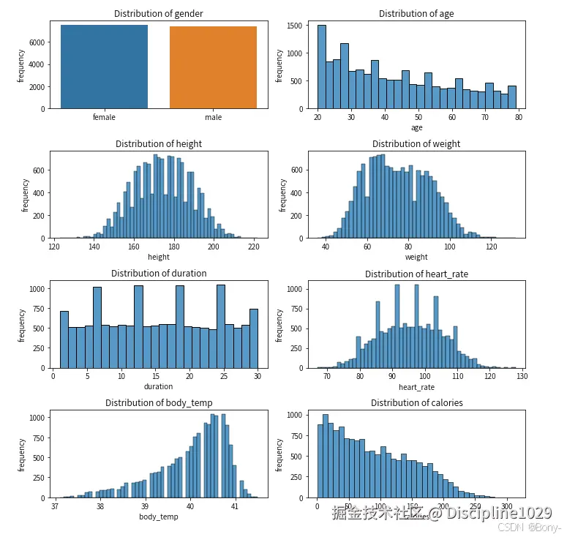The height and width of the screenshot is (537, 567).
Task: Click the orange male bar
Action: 213,67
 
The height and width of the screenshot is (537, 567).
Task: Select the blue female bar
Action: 104,67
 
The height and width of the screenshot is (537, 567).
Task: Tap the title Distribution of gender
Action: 159,14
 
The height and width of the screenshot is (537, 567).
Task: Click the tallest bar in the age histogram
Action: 322,67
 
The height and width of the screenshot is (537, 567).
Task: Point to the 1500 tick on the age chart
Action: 294,26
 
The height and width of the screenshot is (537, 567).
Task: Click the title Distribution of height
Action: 159,143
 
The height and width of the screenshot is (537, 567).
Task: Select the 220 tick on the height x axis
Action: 254,247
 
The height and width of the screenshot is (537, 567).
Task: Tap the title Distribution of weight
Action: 416,143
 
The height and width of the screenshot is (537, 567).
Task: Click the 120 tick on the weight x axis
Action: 492,247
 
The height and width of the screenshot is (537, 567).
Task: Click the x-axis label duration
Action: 159,386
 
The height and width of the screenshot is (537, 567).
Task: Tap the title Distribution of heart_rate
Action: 416,274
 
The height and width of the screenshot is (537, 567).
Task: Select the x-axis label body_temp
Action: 159,517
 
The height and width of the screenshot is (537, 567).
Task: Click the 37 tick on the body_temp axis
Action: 56,506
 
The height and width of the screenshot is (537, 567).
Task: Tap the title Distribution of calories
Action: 416,403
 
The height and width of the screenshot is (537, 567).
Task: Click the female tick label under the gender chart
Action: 104,117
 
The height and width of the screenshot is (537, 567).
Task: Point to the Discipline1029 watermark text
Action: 500,513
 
